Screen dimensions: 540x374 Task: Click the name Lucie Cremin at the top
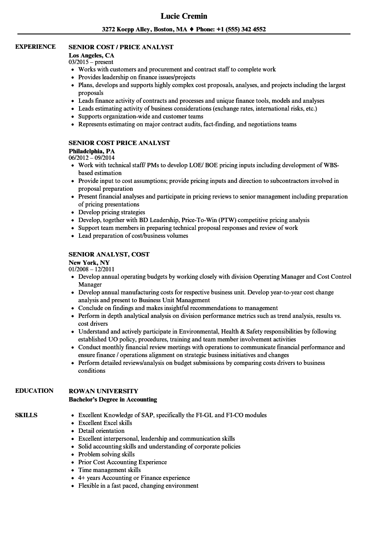click(184, 16)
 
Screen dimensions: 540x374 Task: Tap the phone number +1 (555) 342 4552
click(244, 30)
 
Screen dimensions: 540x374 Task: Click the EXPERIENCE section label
click(35, 47)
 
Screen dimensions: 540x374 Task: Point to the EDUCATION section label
click(34, 391)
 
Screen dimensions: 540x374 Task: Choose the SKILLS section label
click(26, 415)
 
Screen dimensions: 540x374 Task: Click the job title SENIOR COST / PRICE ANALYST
click(121, 47)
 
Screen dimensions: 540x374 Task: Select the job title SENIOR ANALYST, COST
click(109, 254)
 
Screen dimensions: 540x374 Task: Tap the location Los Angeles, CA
click(91, 55)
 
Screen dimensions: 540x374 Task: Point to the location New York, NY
click(89, 263)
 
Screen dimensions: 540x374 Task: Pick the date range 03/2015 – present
click(91, 62)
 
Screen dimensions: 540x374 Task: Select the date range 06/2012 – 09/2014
click(92, 158)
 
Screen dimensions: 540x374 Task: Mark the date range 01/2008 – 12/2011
click(91, 270)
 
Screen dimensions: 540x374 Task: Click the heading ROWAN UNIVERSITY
click(103, 391)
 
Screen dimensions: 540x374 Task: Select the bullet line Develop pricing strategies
click(112, 213)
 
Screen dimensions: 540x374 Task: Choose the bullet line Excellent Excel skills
click(105, 423)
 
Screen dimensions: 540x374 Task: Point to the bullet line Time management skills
click(110, 470)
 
